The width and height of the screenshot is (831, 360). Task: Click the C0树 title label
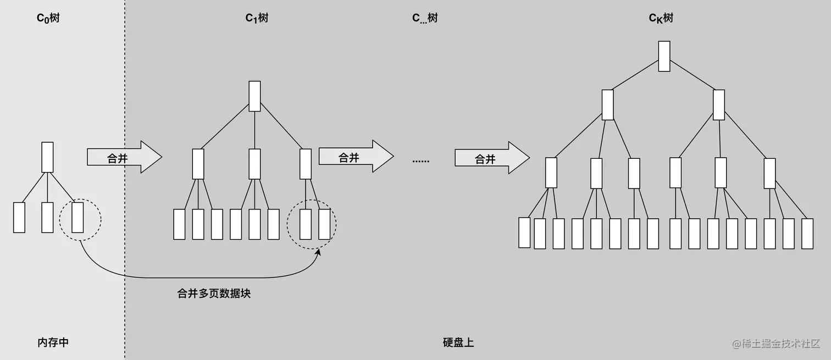point(48,18)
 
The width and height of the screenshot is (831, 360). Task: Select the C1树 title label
point(257,18)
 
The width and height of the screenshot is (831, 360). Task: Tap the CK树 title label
point(661,18)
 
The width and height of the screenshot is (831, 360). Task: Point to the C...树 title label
point(425,18)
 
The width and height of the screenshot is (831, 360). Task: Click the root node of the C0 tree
point(47,157)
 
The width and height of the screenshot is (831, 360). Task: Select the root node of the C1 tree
point(254,96)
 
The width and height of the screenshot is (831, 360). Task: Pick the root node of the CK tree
point(664,56)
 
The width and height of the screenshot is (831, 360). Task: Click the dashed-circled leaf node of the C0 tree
point(77,217)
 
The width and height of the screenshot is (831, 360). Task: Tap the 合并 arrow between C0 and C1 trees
point(124,157)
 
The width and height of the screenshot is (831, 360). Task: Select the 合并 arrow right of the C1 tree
point(356,157)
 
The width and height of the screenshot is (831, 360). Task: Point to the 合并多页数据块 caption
point(214,293)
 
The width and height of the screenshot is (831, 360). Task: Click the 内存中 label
point(53,342)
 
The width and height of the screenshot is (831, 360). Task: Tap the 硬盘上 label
point(458,342)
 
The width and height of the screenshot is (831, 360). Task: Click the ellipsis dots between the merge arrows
point(421,160)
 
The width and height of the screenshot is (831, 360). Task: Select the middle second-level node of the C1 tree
point(254,164)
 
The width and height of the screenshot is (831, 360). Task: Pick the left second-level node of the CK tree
point(607,104)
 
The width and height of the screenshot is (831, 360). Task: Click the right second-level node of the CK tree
point(718,104)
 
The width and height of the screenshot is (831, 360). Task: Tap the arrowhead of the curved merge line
point(318,252)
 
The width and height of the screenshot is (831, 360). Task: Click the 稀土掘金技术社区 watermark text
point(780,344)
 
